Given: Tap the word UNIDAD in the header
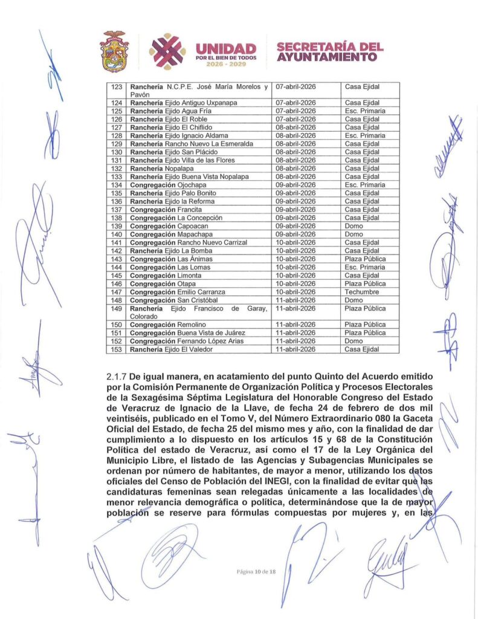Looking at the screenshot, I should pos(226,48).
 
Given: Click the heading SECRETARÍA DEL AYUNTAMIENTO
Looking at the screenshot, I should pos(330,52).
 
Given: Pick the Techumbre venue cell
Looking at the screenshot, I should pos(362,292).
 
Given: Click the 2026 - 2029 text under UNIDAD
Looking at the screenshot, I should pos(227,64).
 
